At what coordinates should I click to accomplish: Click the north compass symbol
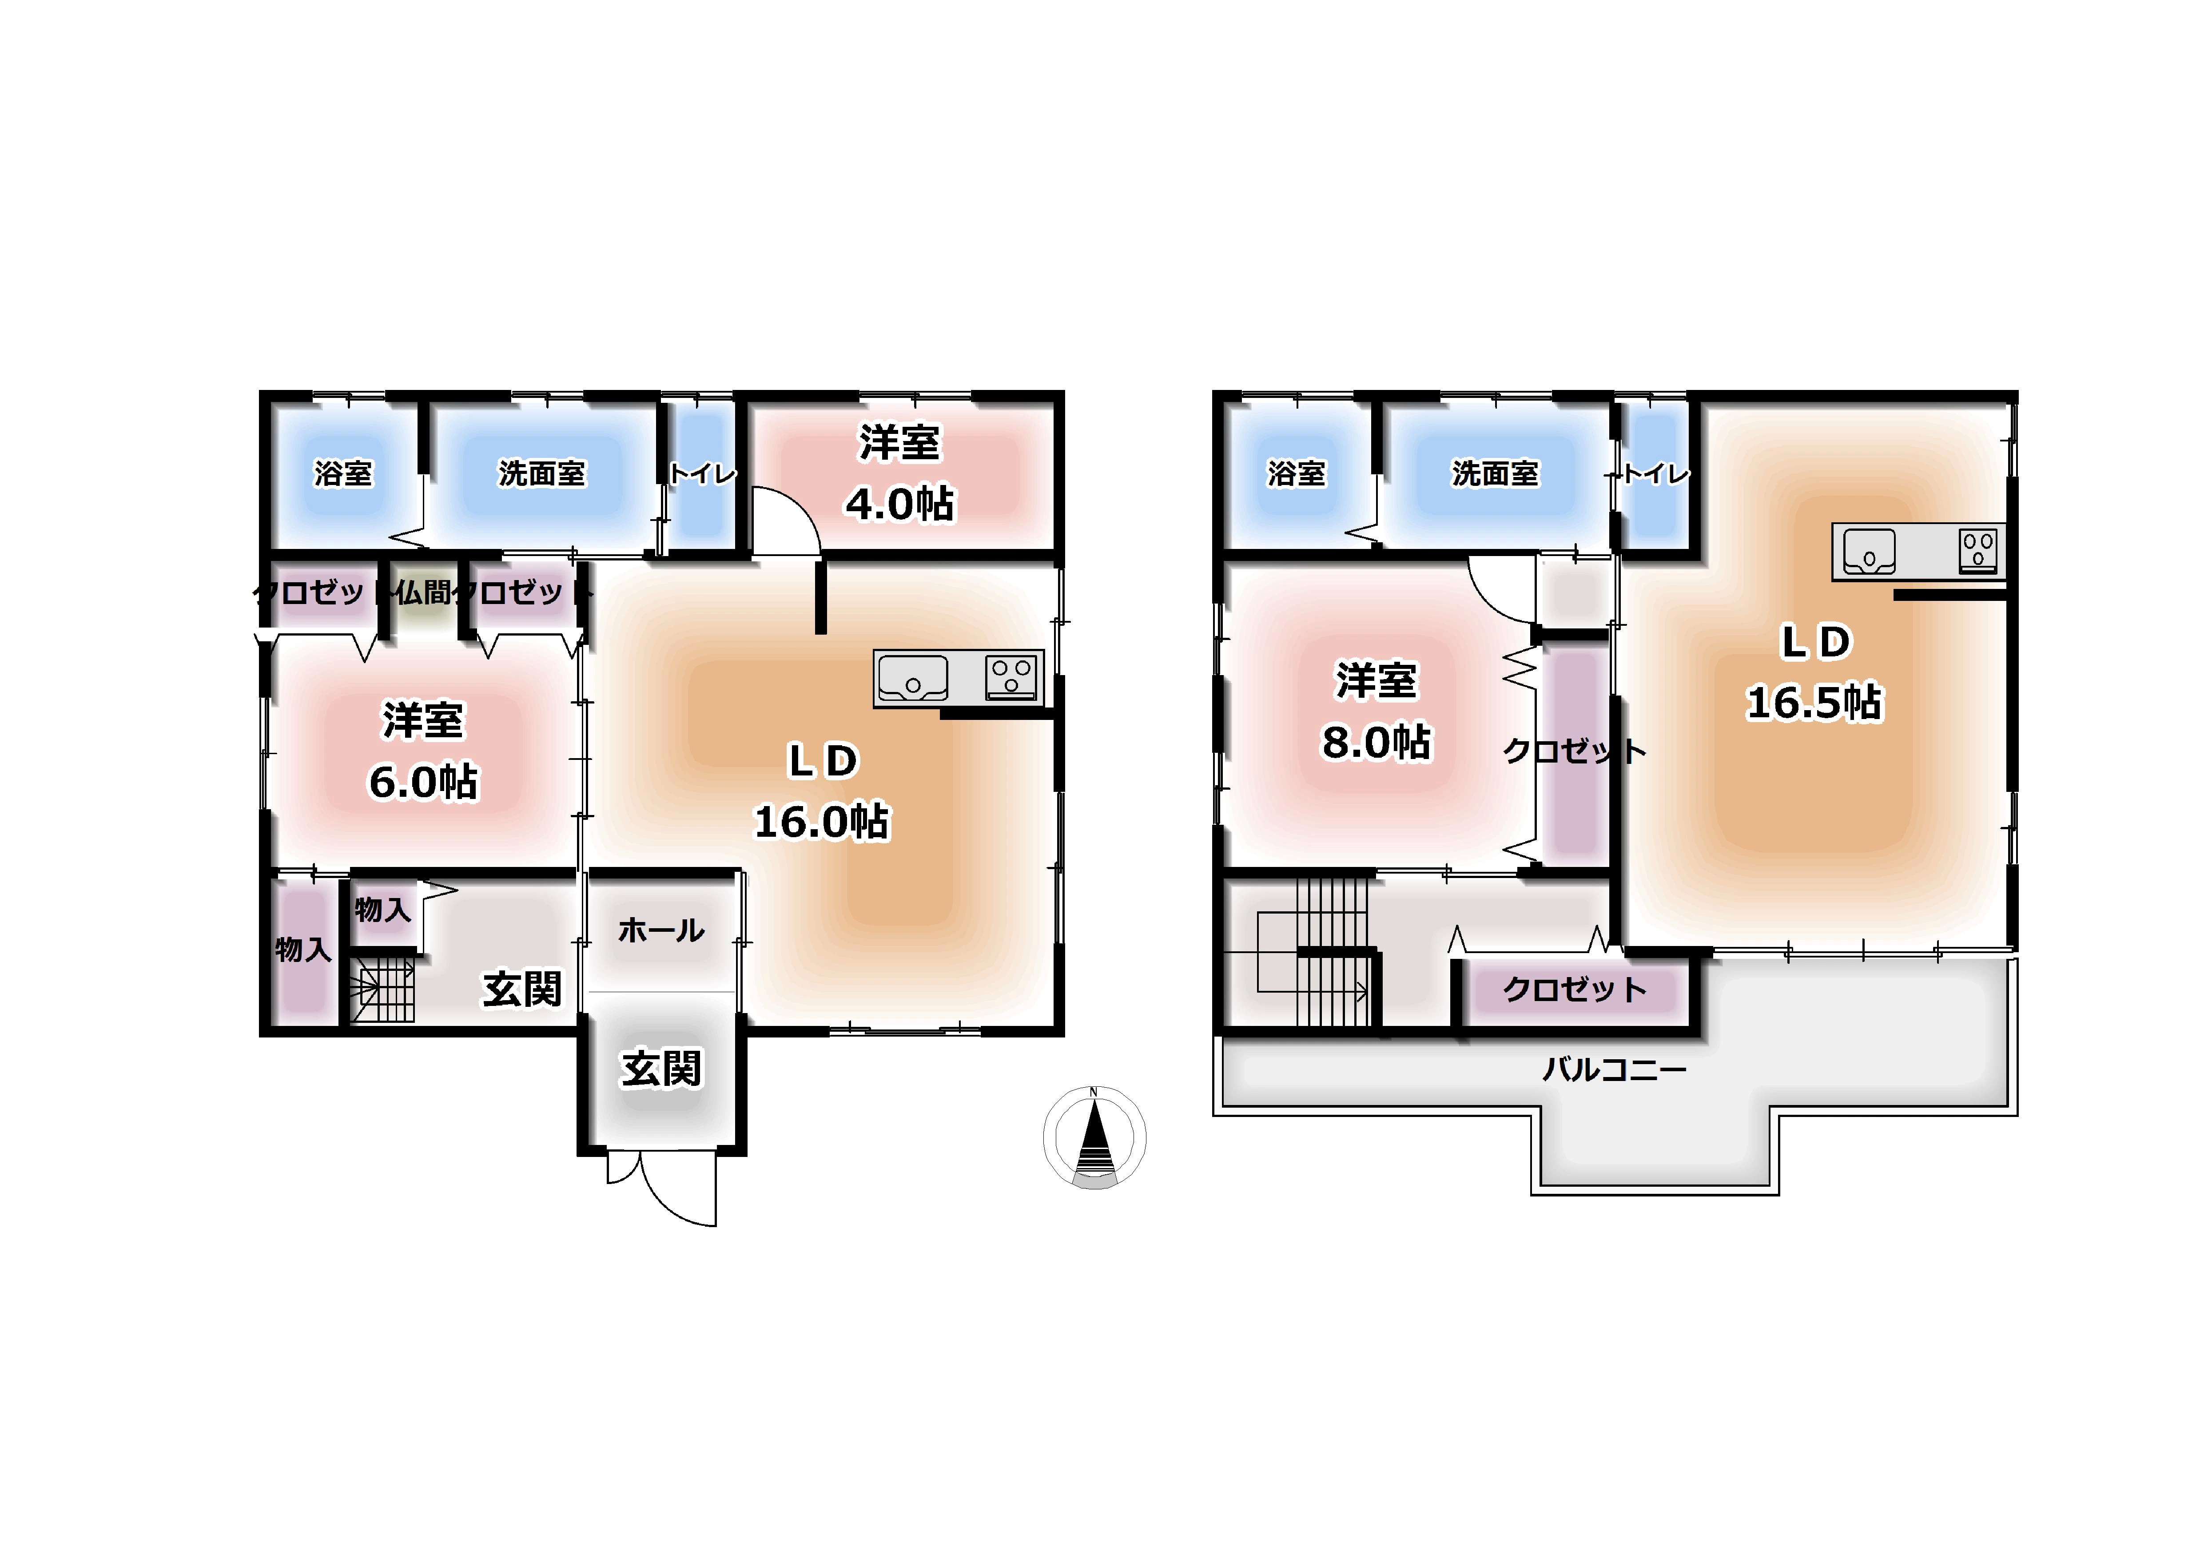click(x=1094, y=1137)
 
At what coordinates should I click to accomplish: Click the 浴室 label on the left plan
click(x=343, y=473)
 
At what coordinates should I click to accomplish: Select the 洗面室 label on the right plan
click(x=1495, y=473)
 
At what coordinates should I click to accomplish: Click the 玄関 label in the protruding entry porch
click(x=661, y=1069)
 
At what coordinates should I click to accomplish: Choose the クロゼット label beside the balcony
click(x=1574, y=990)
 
